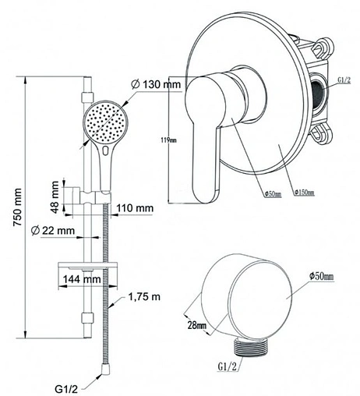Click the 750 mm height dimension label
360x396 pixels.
(18, 207)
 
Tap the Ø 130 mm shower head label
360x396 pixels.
(156, 84)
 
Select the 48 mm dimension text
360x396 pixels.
(55, 196)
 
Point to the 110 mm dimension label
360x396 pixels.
(135, 208)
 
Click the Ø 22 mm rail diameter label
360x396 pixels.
(52, 230)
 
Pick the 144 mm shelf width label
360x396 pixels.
(82, 279)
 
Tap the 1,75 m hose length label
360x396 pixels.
(144, 296)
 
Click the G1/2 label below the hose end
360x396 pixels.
(66, 389)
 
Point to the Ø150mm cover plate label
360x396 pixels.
(305, 193)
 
